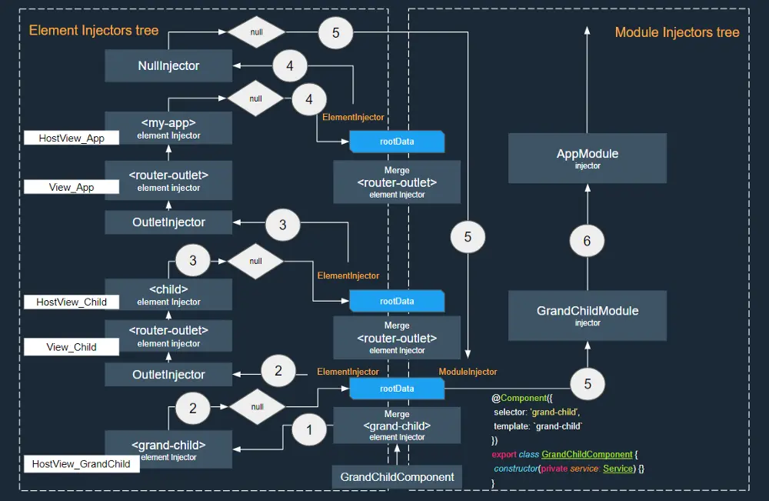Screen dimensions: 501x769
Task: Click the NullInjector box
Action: pos(168,66)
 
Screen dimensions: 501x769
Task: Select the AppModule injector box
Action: pos(588,158)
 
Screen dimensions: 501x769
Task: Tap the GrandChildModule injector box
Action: pos(588,316)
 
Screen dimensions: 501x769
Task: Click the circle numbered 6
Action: pos(588,241)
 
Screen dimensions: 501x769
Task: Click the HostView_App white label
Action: pos(72,138)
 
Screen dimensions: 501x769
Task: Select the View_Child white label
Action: pos(72,347)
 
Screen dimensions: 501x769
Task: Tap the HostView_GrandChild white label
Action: pos(82,464)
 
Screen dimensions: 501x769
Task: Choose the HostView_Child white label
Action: pos(72,302)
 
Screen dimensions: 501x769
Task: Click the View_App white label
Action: pos(72,187)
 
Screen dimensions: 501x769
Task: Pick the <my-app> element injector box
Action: pos(168,128)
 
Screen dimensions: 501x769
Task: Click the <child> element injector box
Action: pos(168,295)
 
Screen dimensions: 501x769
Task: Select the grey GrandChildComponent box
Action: pos(398,477)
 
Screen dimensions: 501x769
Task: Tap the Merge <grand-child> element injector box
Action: pos(397,426)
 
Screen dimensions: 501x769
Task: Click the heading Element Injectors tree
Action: pos(94,31)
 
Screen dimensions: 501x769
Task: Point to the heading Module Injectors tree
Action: pos(677,32)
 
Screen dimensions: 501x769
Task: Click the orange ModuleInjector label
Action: pos(468,372)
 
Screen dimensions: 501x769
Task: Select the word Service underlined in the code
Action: pos(618,469)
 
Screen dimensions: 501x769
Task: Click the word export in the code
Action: pos(504,455)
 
